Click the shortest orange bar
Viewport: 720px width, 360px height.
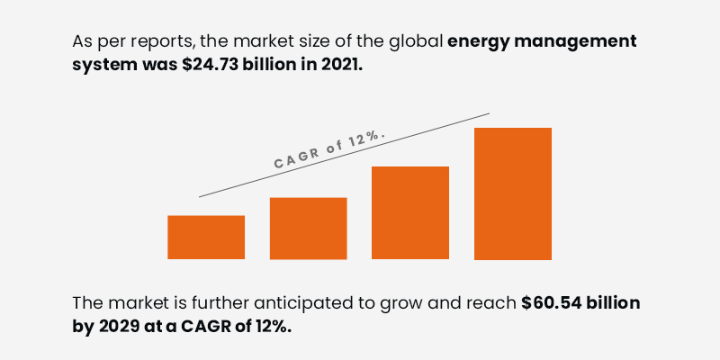click(x=206, y=238)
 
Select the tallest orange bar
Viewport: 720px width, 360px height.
click(x=513, y=193)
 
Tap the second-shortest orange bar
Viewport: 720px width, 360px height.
click(x=309, y=229)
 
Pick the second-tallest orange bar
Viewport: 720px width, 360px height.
click(x=410, y=213)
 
